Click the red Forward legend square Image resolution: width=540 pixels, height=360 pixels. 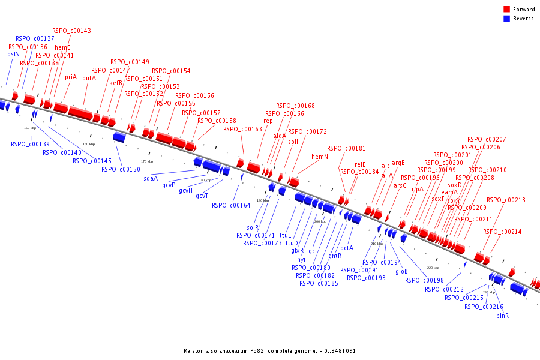pyautogui.click(x=506, y=10)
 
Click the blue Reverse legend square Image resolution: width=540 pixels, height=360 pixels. pyautogui.click(x=506, y=19)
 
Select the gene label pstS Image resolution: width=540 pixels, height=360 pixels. pyautogui.click(x=13, y=55)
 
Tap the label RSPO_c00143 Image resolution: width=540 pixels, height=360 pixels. pyautogui.click(x=71, y=31)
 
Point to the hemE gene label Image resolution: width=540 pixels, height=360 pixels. pyautogui.click(x=62, y=47)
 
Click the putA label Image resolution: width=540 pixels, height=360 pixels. pyautogui.click(x=89, y=78)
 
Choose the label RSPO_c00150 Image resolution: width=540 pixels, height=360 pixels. pyautogui.click(x=121, y=169)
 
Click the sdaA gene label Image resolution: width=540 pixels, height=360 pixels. pyautogui.click(x=151, y=178)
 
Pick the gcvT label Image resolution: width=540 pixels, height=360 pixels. pyautogui.click(x=202, y=196)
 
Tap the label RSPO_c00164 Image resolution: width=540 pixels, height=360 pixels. pyautogui.click(x=231, y=205)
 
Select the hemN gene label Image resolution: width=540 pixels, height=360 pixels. pyautogui.click(x=320, y=157)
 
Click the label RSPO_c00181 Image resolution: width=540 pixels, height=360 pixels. pyautogui.click(x=346, y=148)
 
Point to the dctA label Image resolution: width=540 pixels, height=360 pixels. pyautogui.click(x=347, y=247)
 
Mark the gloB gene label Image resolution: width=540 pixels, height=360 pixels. pyautogui.click(x=401, y=271)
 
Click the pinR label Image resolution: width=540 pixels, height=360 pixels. pyautogui.click(x=502, y=316)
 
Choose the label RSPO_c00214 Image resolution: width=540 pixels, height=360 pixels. pyautogui.click(x=502, y=232)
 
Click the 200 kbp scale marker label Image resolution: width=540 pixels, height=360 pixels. pyautogui.click(x=320, y=221)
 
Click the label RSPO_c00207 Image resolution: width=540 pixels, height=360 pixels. pyautogui.click(x=487, y=139)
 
